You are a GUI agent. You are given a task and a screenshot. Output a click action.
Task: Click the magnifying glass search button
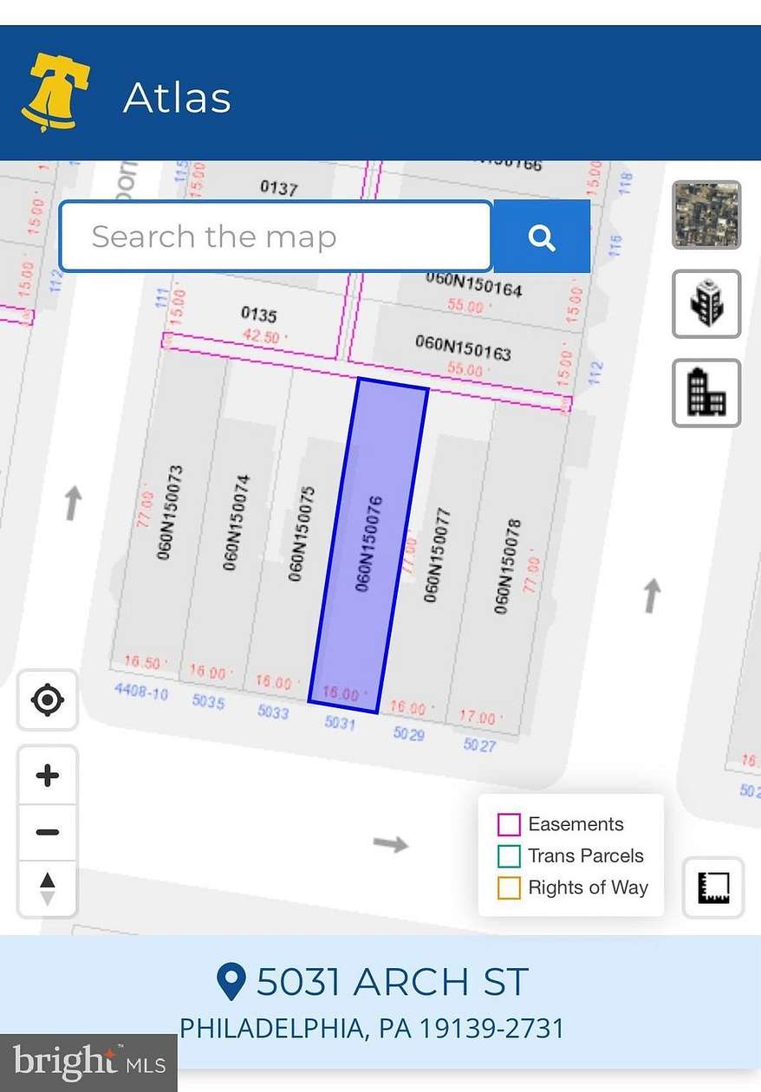(x=542, y=237)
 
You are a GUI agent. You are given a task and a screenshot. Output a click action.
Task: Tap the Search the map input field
(x=276, y=237)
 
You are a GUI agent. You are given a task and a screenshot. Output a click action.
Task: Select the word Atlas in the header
(x=178, y=97)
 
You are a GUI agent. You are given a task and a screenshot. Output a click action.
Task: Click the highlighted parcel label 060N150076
(x=369, y=544)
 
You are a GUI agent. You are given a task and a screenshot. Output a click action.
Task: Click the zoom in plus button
(x=48, y=776)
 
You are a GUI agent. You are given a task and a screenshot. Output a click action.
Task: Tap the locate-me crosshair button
(x=48, y=699)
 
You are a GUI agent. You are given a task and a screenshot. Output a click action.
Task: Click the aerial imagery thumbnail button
(x=706, y=215)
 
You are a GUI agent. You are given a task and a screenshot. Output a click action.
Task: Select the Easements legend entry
(x=561, y=824)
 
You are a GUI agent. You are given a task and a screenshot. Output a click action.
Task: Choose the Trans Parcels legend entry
(x=571, y=856)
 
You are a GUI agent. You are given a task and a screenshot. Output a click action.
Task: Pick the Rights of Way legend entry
(x=573, y=887)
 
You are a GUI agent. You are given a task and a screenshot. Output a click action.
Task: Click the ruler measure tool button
(x=713, y=887)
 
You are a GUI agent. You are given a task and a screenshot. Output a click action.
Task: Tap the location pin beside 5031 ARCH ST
(x=231, y=982)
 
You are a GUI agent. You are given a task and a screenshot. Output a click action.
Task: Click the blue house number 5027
(x=479, y=744)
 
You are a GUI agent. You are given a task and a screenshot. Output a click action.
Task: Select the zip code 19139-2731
(x=491, y=1029)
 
